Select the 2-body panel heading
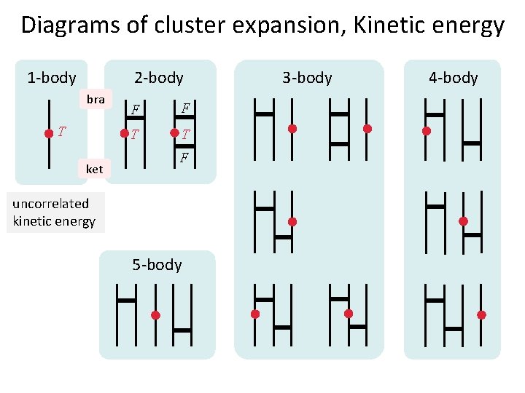pos(159,77)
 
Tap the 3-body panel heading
pos(307,77)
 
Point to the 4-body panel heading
pos(453,77)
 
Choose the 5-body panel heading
pos(157,264)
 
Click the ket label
pos(94,170)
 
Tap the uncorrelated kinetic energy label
pos(53,213)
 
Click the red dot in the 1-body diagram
pos(48,133)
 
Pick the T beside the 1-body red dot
pos(62,132)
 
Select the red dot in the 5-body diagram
pos(155,315)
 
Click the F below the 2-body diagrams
pos(185,157)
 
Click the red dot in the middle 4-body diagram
pos(463,221)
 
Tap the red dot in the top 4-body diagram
pos(427,132)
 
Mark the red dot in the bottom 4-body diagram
pos(481,315)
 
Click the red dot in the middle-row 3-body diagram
pos(292,221)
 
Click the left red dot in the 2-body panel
pos(124,134)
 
